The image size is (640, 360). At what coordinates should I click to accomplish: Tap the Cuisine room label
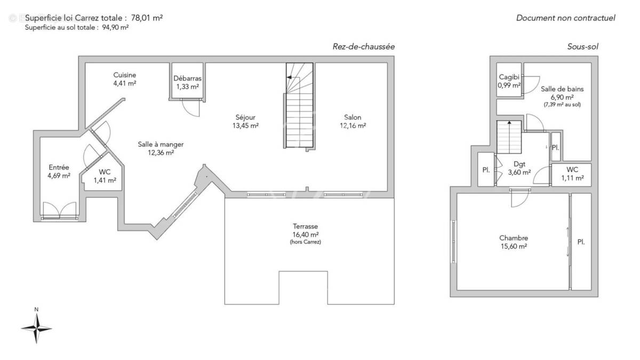tap(125, 75)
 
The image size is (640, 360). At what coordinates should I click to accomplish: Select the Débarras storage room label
tap(187, 79)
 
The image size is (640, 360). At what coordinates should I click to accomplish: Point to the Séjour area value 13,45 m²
tap(246, 126)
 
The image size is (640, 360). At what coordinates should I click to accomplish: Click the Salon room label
tap(353, 117)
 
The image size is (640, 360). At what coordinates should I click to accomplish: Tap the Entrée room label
tap(59, 167)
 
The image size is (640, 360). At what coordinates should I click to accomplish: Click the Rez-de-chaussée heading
tap(363, 46)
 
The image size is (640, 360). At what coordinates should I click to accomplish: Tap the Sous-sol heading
tap(582, 46)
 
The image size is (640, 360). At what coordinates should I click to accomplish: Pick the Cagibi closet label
tap(509, 77)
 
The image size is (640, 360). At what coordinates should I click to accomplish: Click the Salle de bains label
tap(562, 89)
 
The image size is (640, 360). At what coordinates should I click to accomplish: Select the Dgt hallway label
tap(519, 164)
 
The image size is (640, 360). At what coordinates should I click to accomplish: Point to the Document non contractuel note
tap(565, 18)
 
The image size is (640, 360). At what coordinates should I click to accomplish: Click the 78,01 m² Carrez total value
tap(147, 18)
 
